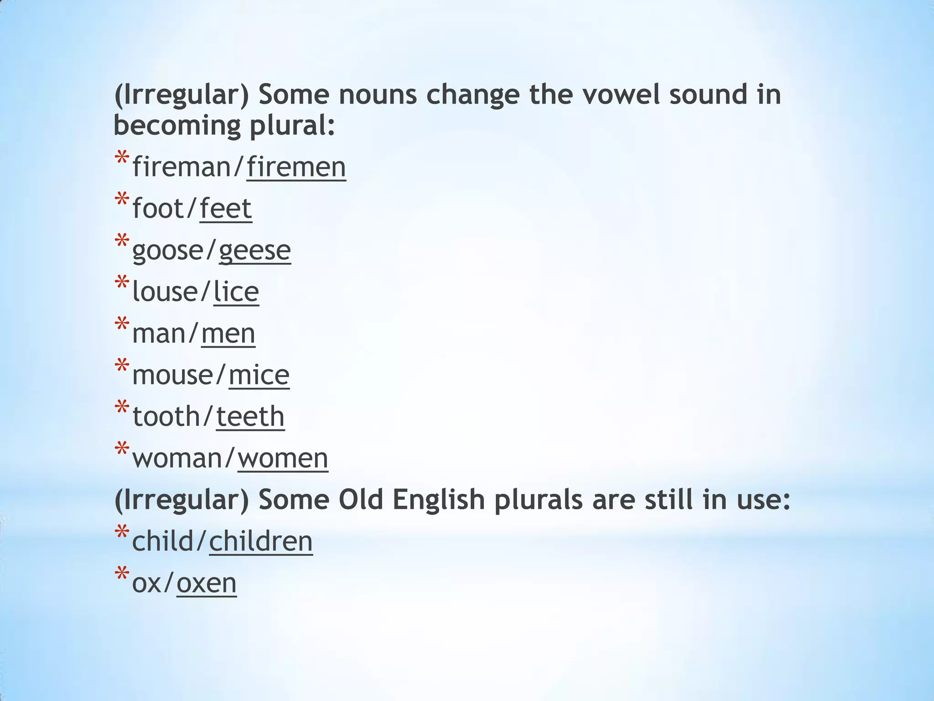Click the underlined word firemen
296,167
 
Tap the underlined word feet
226,209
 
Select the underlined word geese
254,251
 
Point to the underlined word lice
236,292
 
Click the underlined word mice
259,375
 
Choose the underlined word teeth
250,417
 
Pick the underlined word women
283,458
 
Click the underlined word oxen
206,583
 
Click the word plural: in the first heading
292,126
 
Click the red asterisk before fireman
122,159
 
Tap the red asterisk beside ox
122,575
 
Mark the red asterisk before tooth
122,408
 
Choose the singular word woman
177,458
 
